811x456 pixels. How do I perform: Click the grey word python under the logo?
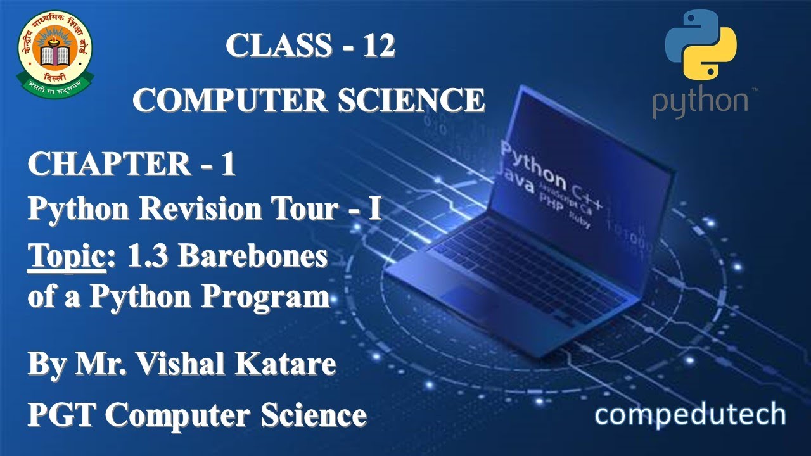(700, 104)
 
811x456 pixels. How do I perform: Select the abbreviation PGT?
(61, 415)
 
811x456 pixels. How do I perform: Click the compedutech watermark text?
(690, 415)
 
